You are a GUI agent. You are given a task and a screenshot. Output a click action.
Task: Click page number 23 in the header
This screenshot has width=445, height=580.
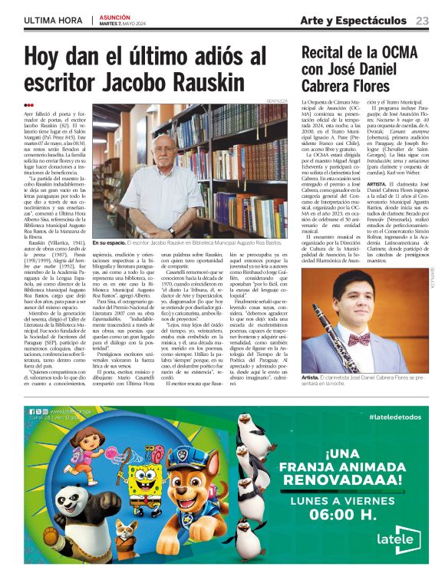point(422,20)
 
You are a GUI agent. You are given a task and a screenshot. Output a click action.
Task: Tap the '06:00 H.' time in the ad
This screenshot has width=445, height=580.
point(346,510)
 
